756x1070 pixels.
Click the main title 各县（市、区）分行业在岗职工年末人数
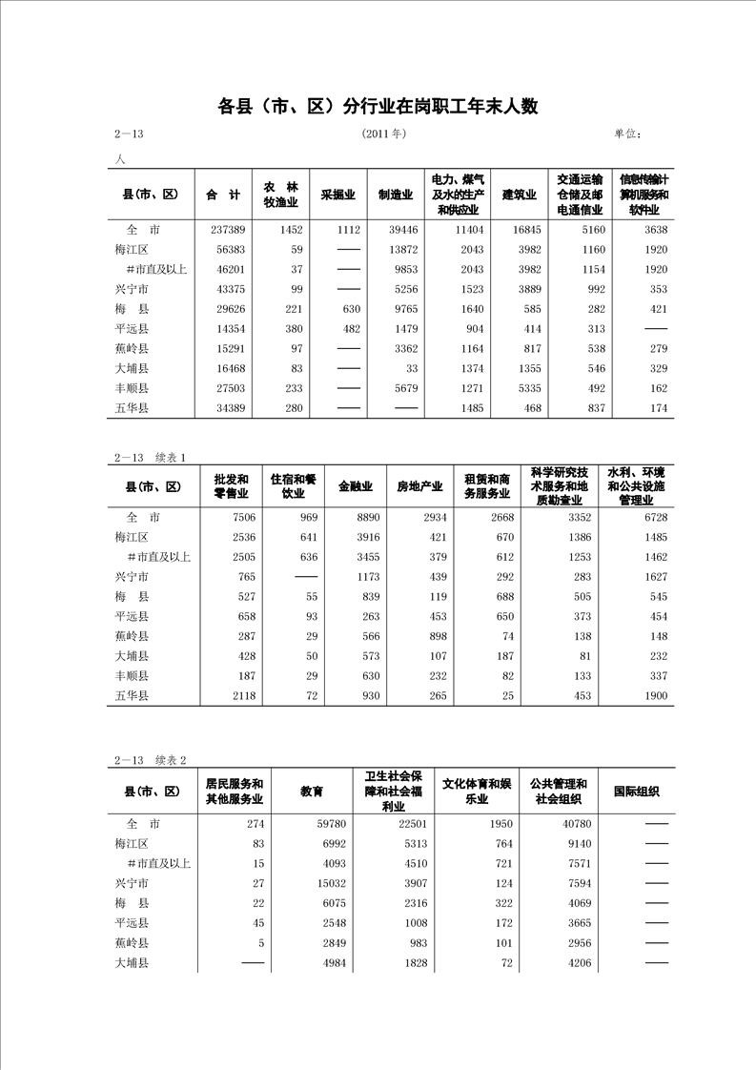(378, 106)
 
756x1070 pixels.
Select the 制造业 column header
(395, 195)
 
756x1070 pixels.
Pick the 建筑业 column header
(520, 195)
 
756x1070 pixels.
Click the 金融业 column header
(355, 486)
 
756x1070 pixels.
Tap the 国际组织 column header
(636, 792)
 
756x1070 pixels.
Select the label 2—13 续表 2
(151, 760)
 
